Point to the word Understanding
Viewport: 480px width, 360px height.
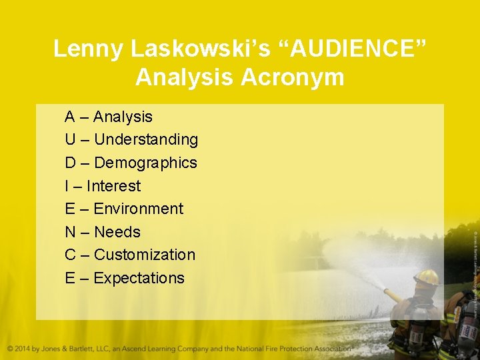pos(146,140)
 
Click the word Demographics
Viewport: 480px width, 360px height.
pos(146,163)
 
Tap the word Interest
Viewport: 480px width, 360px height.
pos(113,186)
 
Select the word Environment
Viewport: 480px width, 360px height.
pos(138,209)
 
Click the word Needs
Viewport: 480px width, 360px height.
pos(117,232)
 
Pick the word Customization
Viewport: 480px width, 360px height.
pos(145,255)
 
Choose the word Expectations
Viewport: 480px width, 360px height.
pos(139,278)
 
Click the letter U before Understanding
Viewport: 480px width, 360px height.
pos(70,140)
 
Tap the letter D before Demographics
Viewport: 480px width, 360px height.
pos(70,163)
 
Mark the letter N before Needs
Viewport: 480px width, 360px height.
pos(70,232)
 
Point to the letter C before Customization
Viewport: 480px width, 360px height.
pos(70,255)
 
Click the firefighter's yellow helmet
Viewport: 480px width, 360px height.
pos(427,277)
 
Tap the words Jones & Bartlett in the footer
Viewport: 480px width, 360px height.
pos(66,349)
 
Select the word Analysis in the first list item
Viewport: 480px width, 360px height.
pos(123,117)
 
